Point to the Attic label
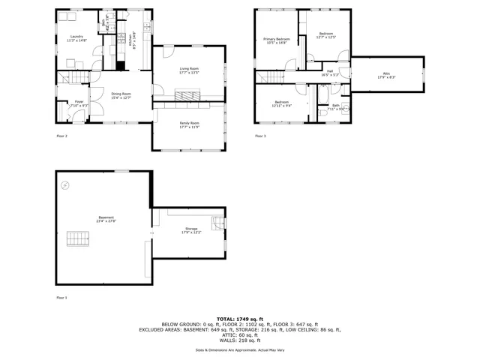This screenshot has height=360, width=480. click(384, 73)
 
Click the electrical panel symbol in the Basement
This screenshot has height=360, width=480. click(65, 184)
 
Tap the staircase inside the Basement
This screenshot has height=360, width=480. click(78, 238)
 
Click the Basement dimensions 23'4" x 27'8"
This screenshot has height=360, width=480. click(106, 221)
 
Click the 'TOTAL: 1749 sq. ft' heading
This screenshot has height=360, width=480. click(240, 318)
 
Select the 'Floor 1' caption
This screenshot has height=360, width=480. click(61, 298)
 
